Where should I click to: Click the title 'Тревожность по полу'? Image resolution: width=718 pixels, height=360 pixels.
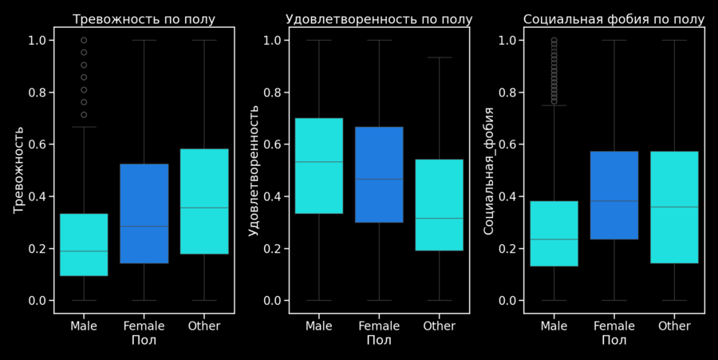point(144,19)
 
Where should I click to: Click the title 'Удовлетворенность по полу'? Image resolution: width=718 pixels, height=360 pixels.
point(379,19)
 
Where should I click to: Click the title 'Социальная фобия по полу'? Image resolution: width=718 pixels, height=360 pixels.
point(614,19)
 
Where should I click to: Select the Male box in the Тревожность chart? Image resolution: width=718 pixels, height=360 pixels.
point(84,244)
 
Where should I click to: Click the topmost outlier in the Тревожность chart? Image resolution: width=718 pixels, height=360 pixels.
point(84,40)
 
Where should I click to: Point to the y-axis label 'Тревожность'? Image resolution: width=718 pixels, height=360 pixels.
point(19,170)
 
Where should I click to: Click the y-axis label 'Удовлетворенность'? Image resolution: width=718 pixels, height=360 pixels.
point(254,170)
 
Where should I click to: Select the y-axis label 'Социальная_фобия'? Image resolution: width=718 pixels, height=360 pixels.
point(490,170)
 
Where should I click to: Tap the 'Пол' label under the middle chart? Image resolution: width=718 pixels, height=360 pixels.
point(379,341)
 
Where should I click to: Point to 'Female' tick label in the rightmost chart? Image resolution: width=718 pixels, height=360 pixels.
point(614,326)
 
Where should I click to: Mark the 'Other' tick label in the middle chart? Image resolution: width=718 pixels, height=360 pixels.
point(439,326)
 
